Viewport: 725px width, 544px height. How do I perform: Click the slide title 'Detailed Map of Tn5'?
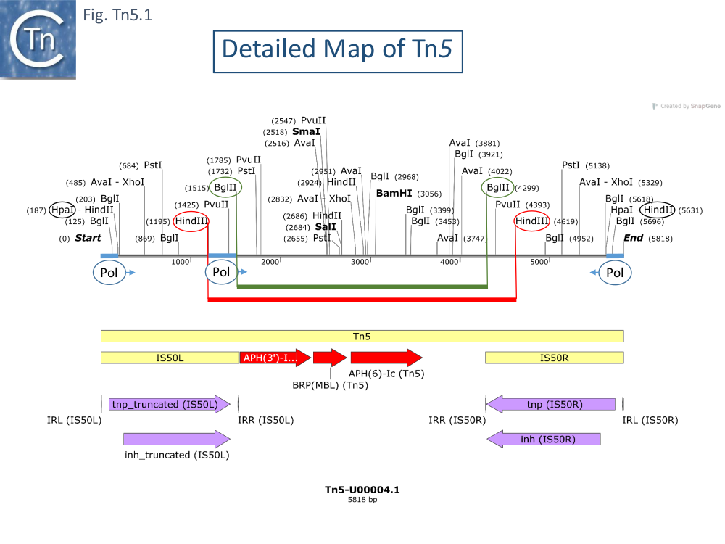[338, 49]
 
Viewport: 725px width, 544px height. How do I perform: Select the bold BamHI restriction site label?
[398, 194]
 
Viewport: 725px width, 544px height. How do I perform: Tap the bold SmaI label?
[306, 132]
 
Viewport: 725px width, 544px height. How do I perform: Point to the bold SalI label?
[326, 227]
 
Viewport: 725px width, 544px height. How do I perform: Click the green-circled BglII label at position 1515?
[225, 188]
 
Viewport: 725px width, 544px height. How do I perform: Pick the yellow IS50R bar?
[555, 358]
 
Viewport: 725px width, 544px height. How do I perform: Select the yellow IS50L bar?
[170, 358]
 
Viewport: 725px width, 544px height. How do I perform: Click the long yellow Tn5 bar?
[362, 336]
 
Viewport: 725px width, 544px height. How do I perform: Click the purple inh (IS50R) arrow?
[544, 439]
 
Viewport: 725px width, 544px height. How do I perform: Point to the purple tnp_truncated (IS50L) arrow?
[170, 404]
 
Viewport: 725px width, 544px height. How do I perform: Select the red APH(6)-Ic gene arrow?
[386, 358]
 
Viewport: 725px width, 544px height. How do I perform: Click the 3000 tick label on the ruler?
[360, 262]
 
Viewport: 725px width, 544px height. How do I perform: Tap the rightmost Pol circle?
[615, 273]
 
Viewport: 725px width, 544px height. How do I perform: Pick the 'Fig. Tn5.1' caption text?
[118, 15]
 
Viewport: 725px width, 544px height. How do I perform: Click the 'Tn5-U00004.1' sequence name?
[362, 490]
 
